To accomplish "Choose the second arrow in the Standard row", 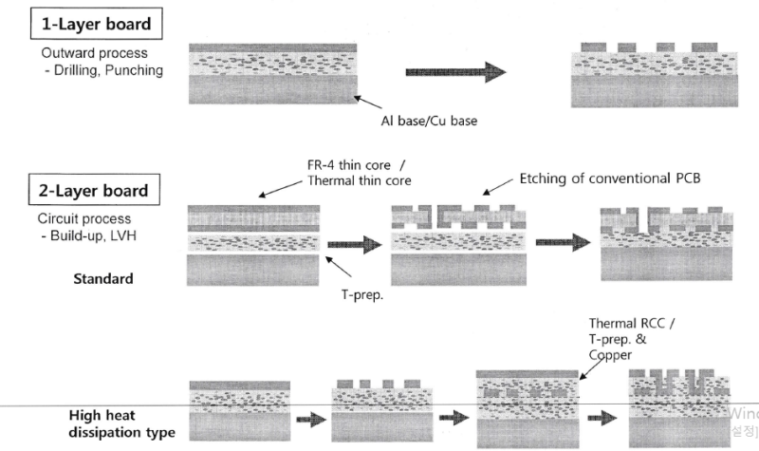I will coord(560,242).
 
